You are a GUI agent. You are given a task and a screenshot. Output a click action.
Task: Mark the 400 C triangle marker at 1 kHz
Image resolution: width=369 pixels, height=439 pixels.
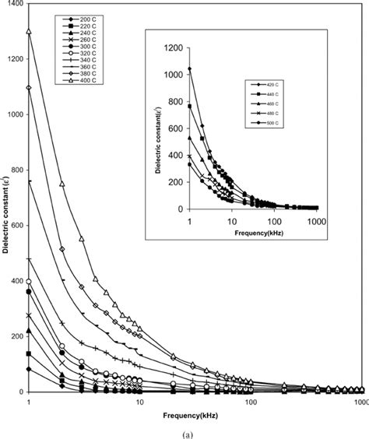coord(29,32)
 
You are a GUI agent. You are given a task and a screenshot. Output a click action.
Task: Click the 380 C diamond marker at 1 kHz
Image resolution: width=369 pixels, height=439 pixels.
coord(29,87)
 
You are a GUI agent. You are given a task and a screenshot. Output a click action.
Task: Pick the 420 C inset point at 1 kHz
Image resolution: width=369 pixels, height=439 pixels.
coord(189,69)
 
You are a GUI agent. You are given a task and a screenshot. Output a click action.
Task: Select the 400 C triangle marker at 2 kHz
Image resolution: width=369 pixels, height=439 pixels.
coord(62,184)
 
